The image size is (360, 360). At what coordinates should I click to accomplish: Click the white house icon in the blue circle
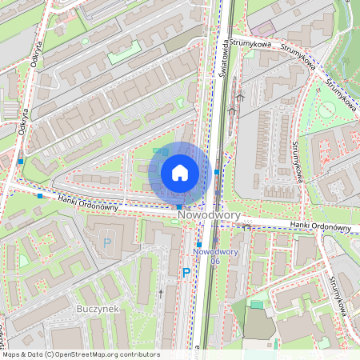click(180, 173)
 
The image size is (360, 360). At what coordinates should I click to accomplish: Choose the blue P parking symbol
click(186, 273)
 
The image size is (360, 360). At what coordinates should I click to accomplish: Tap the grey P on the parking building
click(107, 242)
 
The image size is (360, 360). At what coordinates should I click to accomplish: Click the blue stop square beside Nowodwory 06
click(198, 244)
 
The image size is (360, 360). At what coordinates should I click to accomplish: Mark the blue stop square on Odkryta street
click(21, 162)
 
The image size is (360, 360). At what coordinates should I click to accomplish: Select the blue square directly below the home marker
click(179, 206)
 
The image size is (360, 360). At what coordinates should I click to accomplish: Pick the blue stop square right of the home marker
click(217, 171)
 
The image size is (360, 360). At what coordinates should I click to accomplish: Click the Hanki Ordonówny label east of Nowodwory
click(321, 226)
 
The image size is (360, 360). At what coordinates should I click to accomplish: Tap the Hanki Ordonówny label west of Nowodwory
click(88, 203)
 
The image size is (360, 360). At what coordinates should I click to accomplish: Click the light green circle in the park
click(327, 110)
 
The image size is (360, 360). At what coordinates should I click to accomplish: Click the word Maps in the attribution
click(11, 354)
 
